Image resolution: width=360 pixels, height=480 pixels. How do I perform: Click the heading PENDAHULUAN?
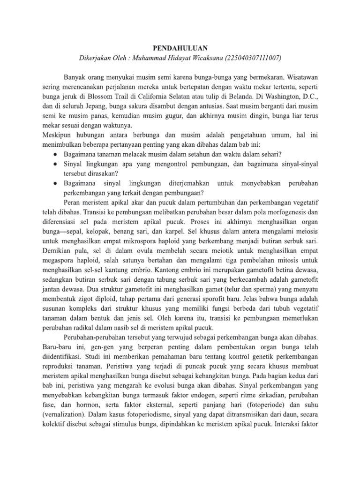pos(180,47)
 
